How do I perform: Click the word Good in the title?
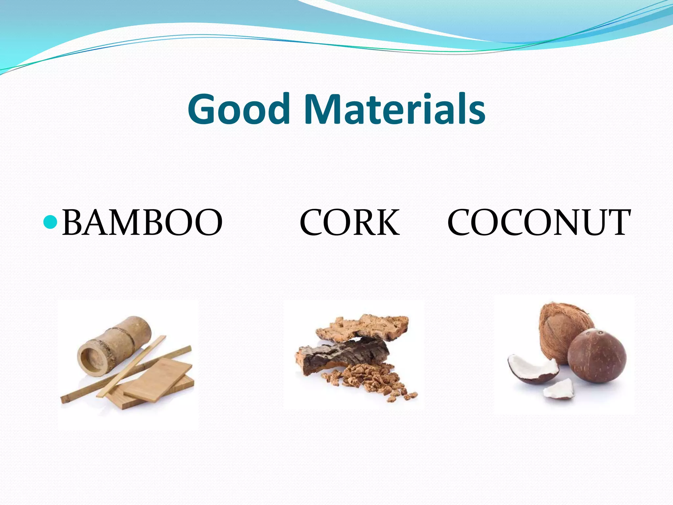click(239, 109)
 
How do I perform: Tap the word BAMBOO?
click(142, 223)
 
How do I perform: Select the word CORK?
click(349, 223)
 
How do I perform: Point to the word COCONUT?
click(539, 223)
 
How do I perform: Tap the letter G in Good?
click(203, 109)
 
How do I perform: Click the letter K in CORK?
click(388, 223)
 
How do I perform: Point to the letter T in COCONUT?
click(618, 223)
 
